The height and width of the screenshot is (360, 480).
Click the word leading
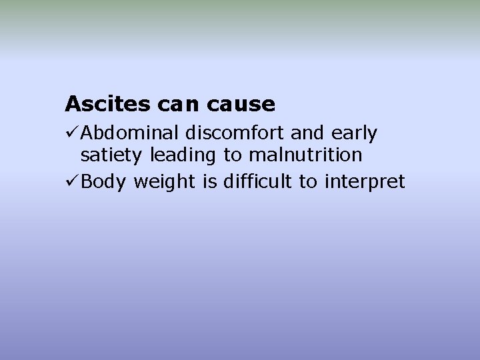click(x=183, y=156)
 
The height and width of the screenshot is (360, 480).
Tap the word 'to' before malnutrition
click(x=233, y=155)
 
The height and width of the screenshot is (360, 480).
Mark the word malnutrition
click(x=305, y=155)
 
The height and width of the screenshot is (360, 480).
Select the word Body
click(x=104, y=182)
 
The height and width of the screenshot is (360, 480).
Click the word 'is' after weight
click(x=210, y=181)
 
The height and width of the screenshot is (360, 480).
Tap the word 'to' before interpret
click(x=307, y=181)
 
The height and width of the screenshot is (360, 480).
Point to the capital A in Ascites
click(x=72, y=104)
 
